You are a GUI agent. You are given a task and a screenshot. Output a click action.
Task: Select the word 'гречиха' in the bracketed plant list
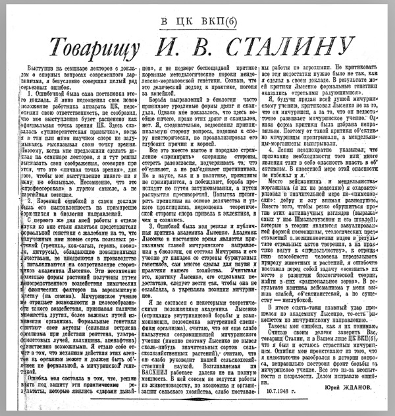tap(59, 230)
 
